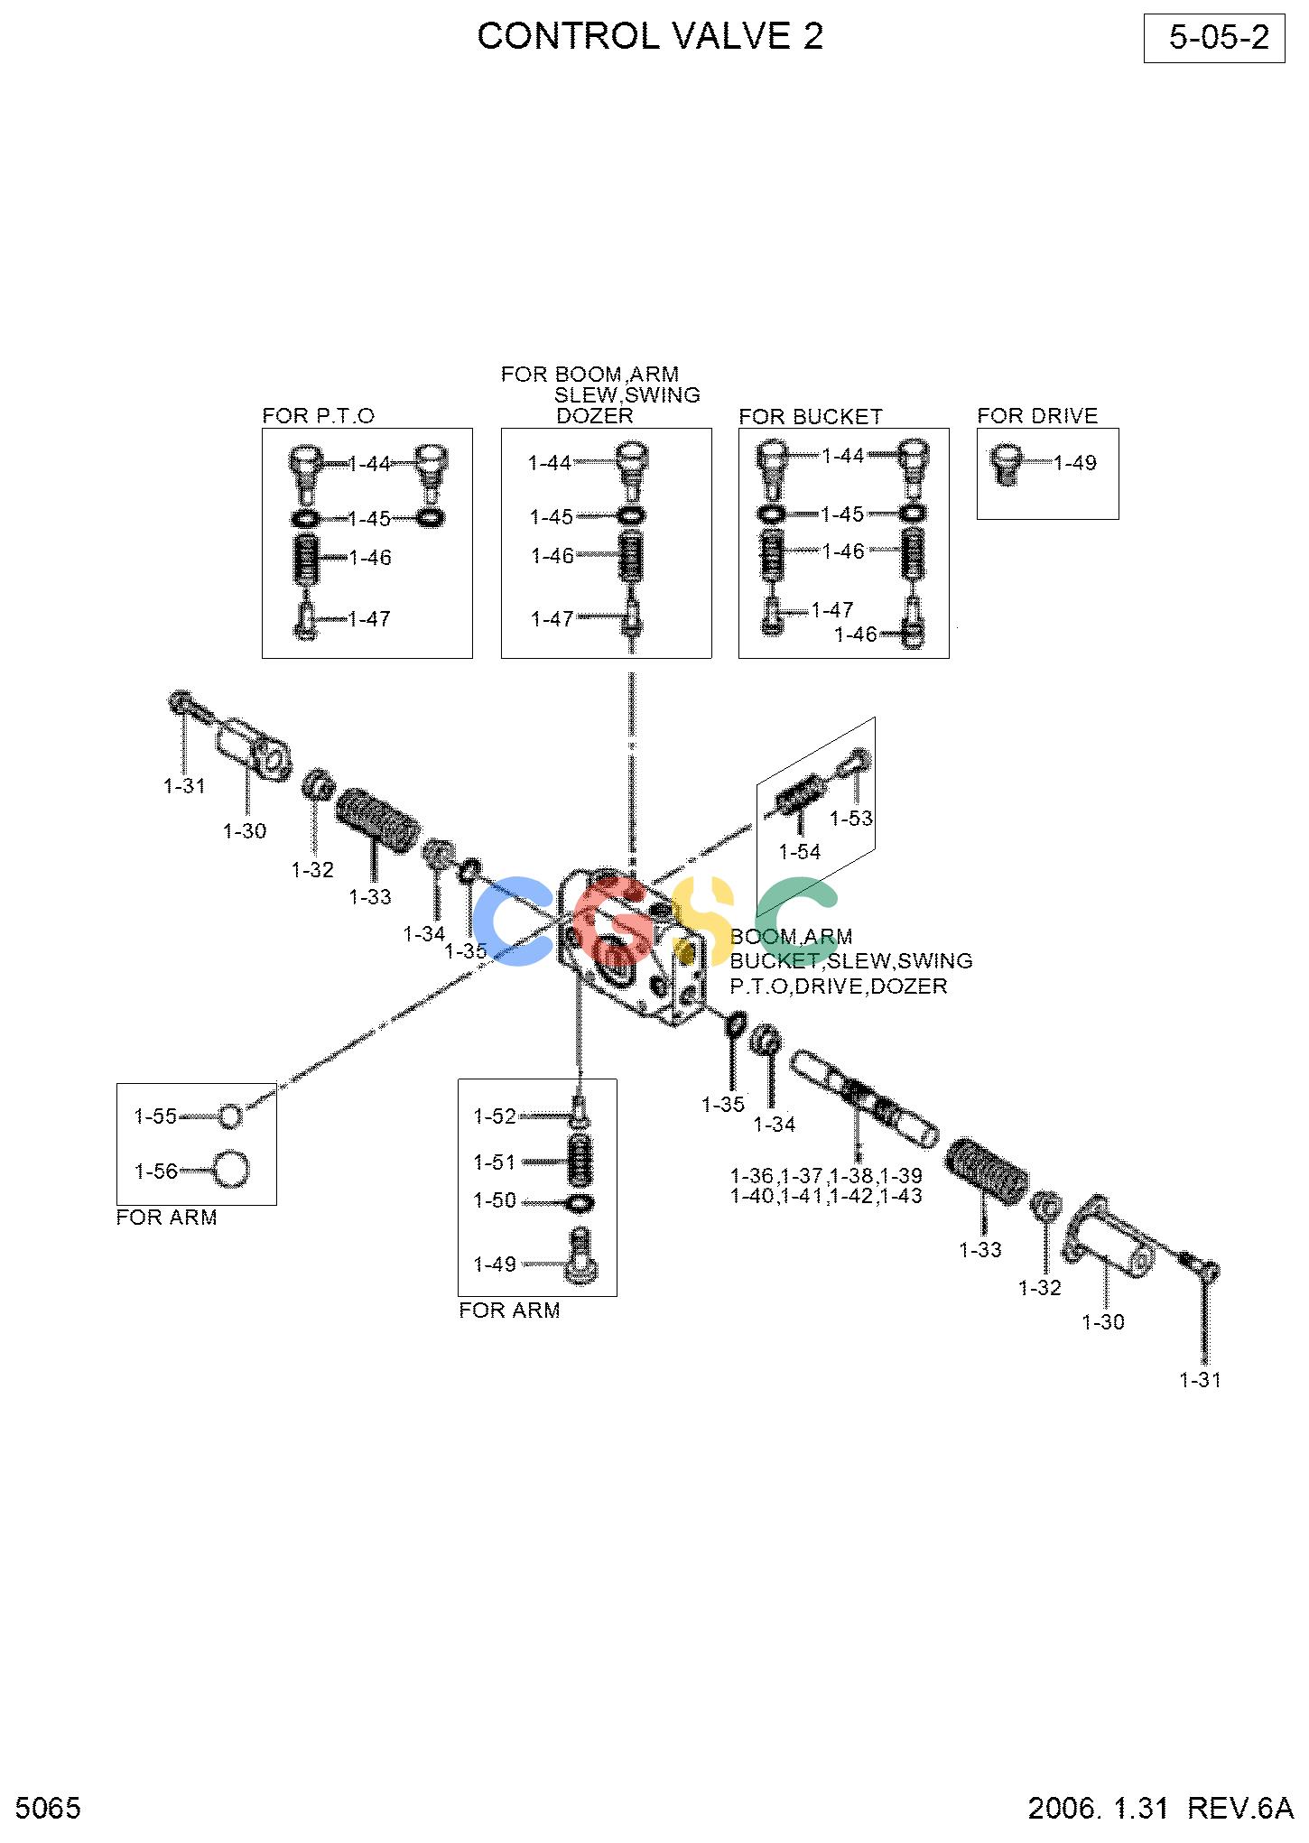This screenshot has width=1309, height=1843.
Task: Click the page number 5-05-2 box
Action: pos(1213,38)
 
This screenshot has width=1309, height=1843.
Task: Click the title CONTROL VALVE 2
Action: pos(650,36)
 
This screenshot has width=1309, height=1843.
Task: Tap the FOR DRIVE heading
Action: pos(1037,416)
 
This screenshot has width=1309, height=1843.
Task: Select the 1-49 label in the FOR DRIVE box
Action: pos(1075,463)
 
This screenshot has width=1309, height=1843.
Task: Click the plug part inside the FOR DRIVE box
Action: pos(1007,464)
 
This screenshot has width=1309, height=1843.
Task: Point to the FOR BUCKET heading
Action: pos(810,417)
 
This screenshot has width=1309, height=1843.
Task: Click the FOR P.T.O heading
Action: pos(318,416)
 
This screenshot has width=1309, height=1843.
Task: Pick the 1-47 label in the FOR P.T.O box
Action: pos(369,619)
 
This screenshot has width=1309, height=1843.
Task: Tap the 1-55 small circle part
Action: pos(231,1116)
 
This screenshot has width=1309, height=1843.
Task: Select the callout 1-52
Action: pos(495,1116)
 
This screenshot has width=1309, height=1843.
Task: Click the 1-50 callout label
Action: pos(495,1200)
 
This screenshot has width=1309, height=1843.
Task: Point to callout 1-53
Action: pos(851,819)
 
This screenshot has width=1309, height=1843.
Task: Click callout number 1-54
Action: pos(800,852)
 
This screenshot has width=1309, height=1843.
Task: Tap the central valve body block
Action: pos(632,948)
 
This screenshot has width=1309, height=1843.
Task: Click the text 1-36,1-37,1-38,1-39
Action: pos(826,1176)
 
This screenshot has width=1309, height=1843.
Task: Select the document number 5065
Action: pos(49,1808)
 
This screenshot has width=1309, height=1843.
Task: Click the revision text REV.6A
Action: pos(1240,1808)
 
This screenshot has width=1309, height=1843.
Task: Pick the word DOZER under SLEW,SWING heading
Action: pos(595,416)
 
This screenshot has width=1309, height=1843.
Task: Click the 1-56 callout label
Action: pos(156,1172)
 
